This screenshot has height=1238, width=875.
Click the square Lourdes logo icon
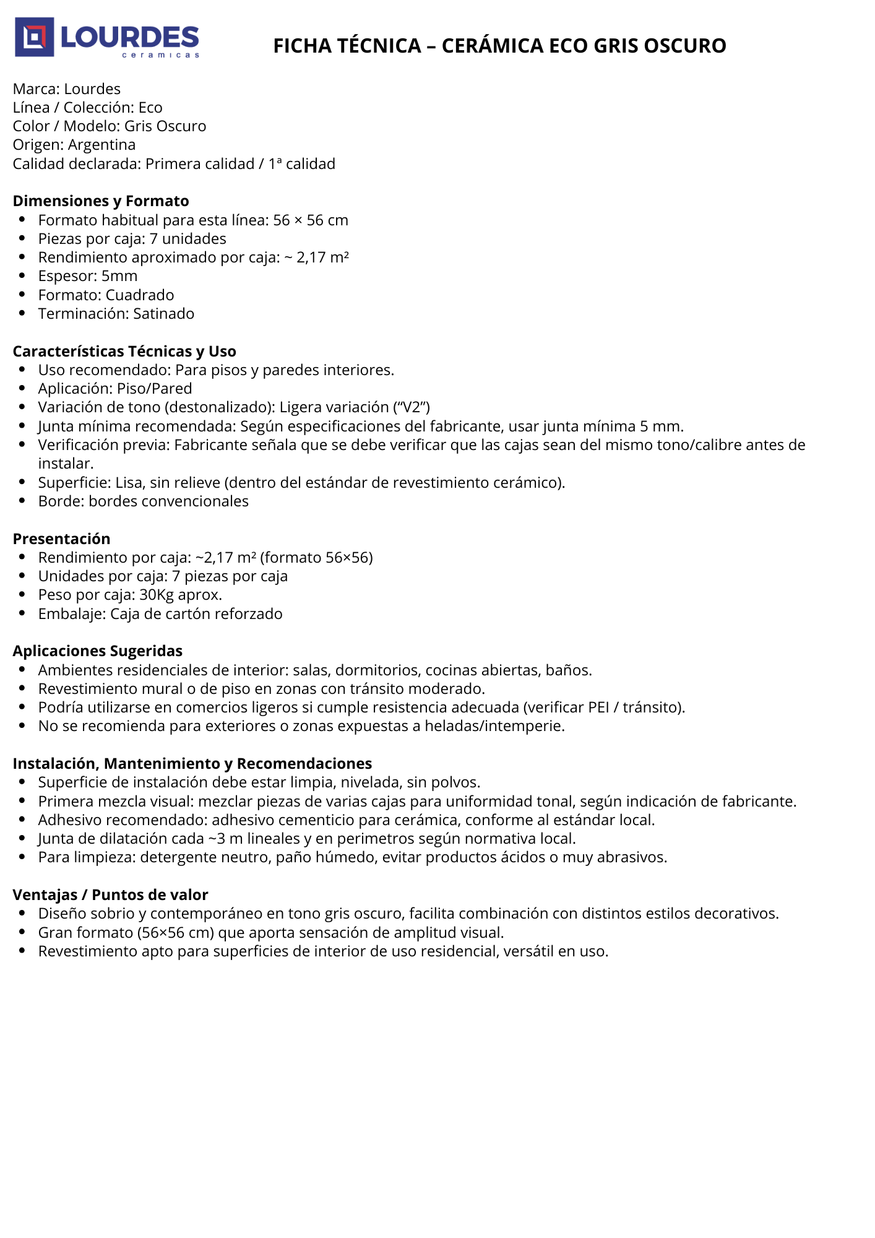point(34,37)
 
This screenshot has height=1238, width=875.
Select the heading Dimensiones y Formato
point(101,201)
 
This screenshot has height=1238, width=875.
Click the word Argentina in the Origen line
point(101,145)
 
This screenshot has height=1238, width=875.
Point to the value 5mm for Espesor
point(119,276)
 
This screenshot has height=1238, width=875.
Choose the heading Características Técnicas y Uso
point(124,352)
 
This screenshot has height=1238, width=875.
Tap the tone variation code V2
point(412,407)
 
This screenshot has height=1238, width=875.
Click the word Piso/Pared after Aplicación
point(155,389)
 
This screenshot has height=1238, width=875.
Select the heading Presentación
point(61,539)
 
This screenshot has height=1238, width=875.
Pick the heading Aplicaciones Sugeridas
point(98,651)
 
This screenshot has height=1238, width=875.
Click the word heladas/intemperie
point(494,726)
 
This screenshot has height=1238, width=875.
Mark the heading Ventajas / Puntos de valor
point(110,895)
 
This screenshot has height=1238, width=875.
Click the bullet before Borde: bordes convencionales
point(22,501)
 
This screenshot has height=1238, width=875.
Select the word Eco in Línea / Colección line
point(150,108)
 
